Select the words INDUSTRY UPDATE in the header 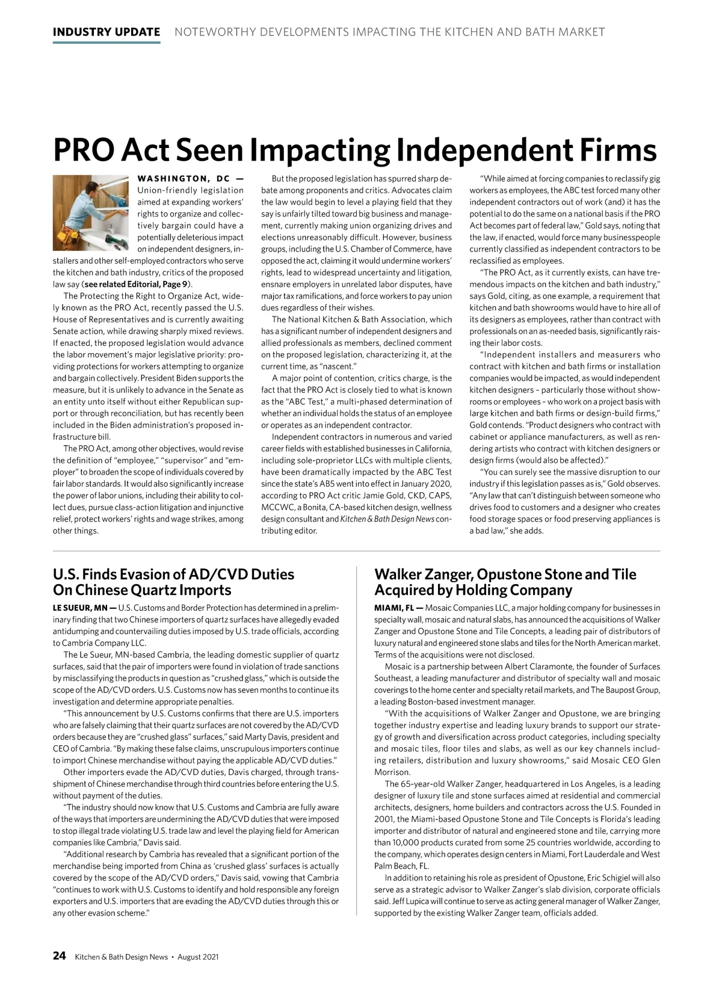(x=106, y=32)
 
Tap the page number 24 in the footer (x=60, y=956)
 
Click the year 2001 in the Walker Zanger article (x=384, y=819)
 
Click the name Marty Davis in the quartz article (x=279, y=737)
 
